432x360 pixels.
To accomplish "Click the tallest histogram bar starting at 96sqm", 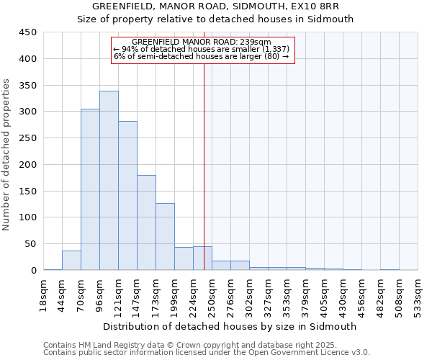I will pos(109,181).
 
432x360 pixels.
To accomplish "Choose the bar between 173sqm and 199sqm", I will pos(165,237).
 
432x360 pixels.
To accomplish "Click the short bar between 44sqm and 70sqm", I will pos(71,261).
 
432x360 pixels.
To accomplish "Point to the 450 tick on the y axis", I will pos(27,32).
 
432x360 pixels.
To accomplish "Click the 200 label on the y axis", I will pos(27,165).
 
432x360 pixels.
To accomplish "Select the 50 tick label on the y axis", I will pos(30,244).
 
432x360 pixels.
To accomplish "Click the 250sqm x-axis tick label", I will pos(212,294).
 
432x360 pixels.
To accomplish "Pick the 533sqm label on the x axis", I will pos(418,294).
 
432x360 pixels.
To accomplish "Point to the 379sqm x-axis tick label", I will pos(305,294).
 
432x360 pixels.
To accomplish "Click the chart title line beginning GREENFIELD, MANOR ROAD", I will pos(215,6).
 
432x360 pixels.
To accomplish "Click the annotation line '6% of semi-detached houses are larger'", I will pos(201,56).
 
